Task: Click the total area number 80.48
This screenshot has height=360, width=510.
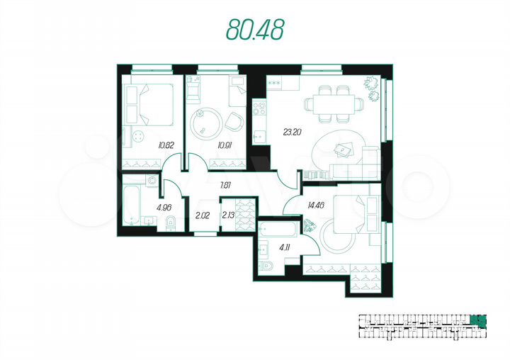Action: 255,28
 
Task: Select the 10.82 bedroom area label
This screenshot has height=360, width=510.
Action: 166,145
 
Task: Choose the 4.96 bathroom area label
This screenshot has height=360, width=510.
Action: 164,207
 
